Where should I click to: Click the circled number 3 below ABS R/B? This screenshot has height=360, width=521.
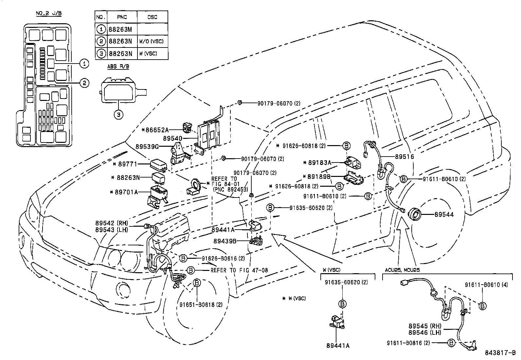point(119,114)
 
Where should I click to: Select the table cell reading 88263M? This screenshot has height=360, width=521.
point(120,29)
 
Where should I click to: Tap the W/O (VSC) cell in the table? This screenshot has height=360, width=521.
point(151,41)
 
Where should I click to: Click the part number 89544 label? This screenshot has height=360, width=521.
point(444,215)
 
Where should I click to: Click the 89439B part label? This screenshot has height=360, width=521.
point(225,241)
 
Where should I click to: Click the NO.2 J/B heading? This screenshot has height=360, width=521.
point(48,13)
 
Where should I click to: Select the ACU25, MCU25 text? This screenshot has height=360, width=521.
point(402,270)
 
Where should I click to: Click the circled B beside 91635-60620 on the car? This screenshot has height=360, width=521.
point(270,208)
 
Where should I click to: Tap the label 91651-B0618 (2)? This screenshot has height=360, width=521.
point(201,304)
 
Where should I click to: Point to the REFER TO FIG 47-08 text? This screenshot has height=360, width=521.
point(239,270)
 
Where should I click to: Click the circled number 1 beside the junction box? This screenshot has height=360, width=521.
point(84,63)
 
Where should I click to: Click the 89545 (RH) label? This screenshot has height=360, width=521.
point(425,326)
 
